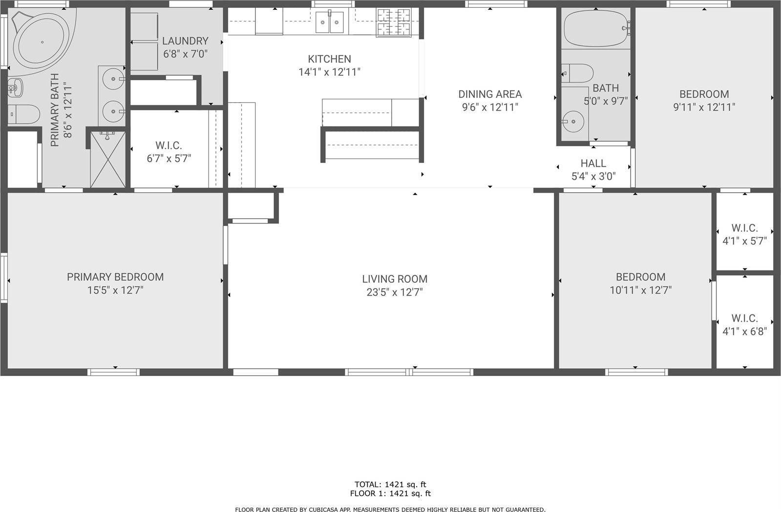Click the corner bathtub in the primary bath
click(42, 42)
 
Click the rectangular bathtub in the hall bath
click(595, 28)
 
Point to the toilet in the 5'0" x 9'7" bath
click(579, 73)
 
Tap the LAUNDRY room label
click(185, 41)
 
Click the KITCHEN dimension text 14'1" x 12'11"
click(329, 72)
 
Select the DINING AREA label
click(490, 94)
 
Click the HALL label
click(593, 163)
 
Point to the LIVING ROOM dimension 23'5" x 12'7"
click(395, 292)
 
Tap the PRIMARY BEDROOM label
click(115, 277)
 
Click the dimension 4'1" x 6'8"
click(744, 332)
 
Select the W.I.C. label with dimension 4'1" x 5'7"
click(744, 228)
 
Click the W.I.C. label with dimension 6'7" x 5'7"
click(169, 146)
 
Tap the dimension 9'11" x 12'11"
click(704, 107)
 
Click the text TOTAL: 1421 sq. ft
click(390, 485)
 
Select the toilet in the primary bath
click(24, 114)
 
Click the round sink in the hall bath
click(572, 119)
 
